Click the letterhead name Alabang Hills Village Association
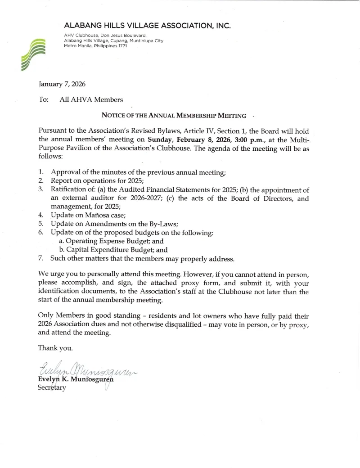pos(148,26)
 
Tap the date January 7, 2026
pos(59,84)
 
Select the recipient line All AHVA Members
pos(91,99)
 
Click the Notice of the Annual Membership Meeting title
pos(174,116)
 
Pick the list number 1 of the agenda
pos(41,172)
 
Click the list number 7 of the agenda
pos(41,259)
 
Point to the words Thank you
pos(55,348)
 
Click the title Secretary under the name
pos(52,387)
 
